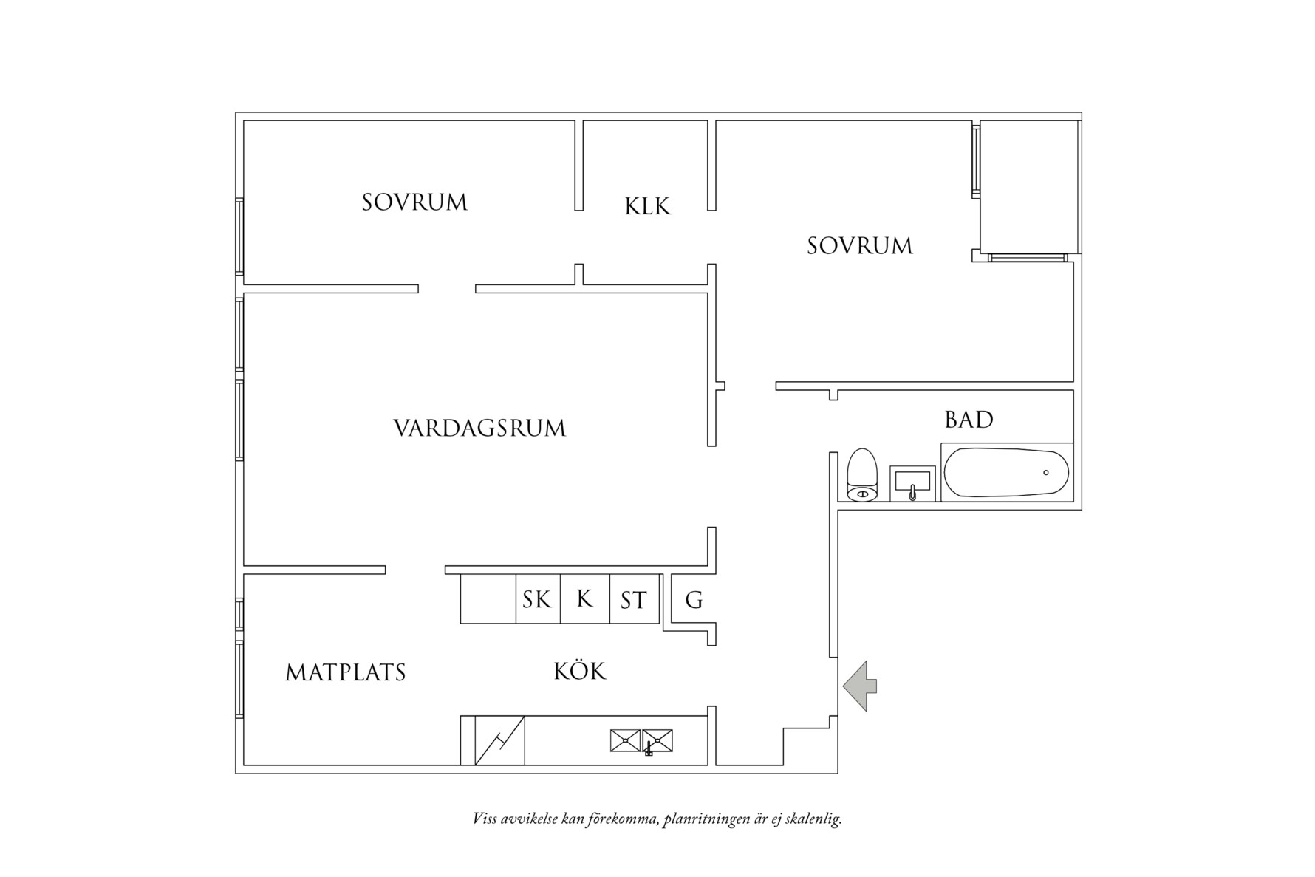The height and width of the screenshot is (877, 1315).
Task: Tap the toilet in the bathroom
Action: tap(862, 475)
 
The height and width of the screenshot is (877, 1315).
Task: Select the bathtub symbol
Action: tap(1006, 473)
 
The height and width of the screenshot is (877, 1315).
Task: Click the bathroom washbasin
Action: tap(912, 484)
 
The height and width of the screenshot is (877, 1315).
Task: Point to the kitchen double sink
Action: tap(641, 740)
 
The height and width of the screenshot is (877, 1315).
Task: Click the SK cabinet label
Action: tap(537, 599)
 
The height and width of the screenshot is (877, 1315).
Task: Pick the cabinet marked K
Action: tap(584, 598)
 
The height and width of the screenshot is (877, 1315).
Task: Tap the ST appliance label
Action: tap(633, 600)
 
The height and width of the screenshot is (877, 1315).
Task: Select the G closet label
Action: tap(694, 600)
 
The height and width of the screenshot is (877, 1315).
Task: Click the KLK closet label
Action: tap(648, 205)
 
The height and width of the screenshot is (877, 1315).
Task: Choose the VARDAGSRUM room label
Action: tap(479, 429)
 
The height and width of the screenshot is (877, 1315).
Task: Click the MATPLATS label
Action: tap(346, 672)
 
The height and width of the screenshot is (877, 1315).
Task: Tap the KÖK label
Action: tap(580, 671)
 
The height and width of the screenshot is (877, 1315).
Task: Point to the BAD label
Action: tap(969, 420)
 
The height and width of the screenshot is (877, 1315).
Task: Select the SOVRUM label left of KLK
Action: tap(414, 202)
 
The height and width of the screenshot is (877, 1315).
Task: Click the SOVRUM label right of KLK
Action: tap(860, 246)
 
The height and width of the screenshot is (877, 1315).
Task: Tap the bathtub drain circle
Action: tap(1045, 473)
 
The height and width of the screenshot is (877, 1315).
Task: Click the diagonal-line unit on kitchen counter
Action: tap(499, 740)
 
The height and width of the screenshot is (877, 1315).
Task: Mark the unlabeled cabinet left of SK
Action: tap(488, 599)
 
